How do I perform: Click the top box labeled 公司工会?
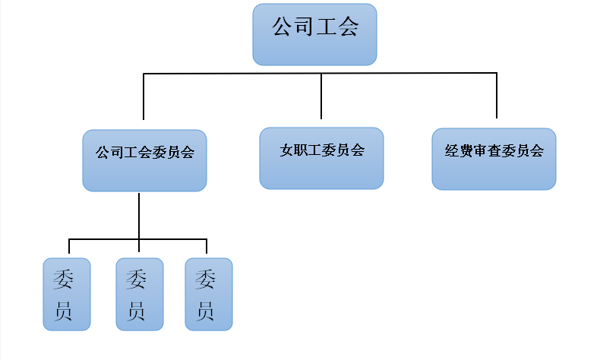pos(314,34)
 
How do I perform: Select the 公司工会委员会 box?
pos(144,160)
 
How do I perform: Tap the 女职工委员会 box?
pos(321,158)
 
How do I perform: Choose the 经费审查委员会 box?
pos(494,159)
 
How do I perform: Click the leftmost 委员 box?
pos(67,294)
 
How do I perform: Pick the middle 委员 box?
pos(140,294)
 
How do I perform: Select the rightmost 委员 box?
pos(209,294)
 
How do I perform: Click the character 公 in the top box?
pos(283,29)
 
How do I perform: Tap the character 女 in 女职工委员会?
pos(286,150)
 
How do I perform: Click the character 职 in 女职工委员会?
pos(302,150)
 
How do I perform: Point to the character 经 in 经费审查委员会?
pos(451,151)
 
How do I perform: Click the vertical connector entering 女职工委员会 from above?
pos(321,97)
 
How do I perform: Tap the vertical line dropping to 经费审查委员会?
pos(497,97)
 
